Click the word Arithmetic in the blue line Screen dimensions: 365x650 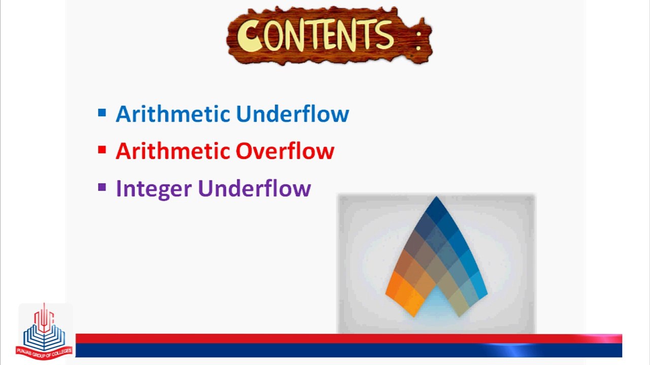pyautogui.click(x=173, y=114)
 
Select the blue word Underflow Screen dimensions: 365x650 pyautogui.click(x=292, y=114)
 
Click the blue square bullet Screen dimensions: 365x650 pyautogui.click(x=102, y=113)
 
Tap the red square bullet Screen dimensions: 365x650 pyautogui.click(x=102, y=150)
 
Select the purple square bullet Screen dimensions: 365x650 pyautogui.click(x=102, y=188)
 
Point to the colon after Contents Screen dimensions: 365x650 pyautogui.click(x=418, y=40)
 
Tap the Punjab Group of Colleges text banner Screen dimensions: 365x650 pyautogui.click(x=44, y=350)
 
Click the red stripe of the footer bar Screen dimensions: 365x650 pyautogui.click(x=305, y=338)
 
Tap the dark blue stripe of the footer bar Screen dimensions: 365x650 pyautogui.click(x=305, y=350)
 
